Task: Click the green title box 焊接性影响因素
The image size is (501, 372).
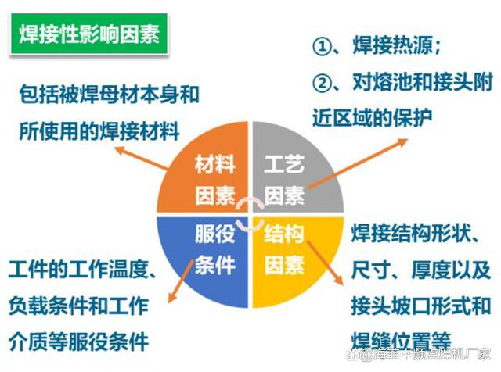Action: point(89,34)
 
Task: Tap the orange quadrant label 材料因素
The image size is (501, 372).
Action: point(215,180)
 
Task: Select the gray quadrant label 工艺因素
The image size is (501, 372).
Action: point(284,180)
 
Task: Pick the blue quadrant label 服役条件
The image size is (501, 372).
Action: point(215,249)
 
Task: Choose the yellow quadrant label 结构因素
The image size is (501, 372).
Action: point(284,249)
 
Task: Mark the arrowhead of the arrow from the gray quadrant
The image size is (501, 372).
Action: point(404,141)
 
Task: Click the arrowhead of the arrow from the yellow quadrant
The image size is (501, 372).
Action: point(340,280)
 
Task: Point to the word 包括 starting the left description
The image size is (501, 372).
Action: point(39,95)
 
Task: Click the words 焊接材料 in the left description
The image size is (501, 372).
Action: point(139,131)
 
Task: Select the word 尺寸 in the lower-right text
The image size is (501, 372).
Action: point(371,270)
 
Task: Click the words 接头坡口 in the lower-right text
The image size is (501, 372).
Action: point(391,306)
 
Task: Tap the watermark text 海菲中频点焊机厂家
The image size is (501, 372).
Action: point(431,355)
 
